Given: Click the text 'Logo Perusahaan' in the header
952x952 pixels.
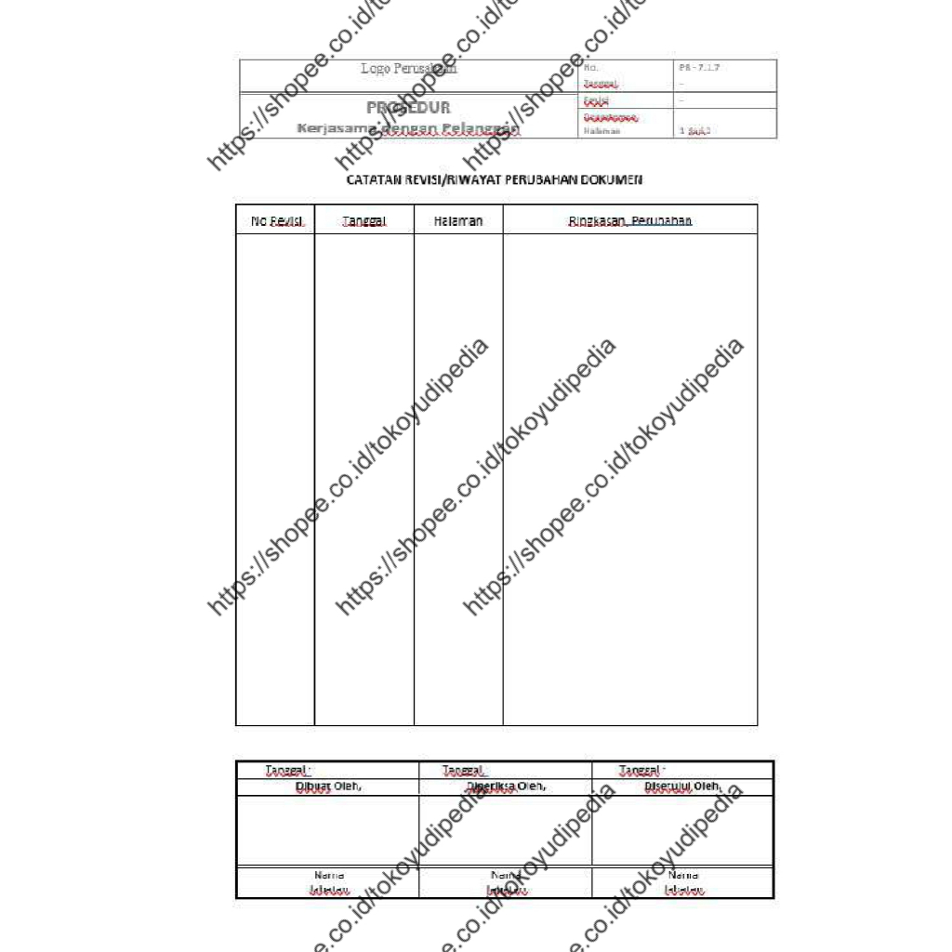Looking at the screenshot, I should (409, 69).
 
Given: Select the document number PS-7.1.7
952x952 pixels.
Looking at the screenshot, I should (700, 68).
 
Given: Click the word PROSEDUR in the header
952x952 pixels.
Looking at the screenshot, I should (408, 108).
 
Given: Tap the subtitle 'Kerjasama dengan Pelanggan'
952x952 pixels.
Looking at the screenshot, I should (408, 128).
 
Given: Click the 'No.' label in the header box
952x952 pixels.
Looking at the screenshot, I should (592, 68).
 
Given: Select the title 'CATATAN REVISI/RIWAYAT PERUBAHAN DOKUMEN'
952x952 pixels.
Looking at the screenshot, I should (495, 179).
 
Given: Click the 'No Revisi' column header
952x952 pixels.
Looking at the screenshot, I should (276, 221).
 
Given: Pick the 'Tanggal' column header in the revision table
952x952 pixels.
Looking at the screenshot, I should (364, 221).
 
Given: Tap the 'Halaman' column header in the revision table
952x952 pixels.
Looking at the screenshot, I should (458, 221).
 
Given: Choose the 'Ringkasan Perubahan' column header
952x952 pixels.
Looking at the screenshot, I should (630, 221).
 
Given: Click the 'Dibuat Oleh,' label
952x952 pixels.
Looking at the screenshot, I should (327, 787).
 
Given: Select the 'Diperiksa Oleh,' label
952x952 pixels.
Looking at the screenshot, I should (506, 787).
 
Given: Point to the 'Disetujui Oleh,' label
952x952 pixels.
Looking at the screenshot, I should (683, 787).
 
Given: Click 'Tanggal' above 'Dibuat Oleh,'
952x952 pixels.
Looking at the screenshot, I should (287, 770).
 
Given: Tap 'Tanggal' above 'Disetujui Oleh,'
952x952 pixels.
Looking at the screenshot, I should (641, 770).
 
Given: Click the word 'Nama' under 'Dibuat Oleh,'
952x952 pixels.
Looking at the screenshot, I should (329, 876).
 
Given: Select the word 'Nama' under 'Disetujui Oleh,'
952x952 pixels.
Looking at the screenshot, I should (683, 876).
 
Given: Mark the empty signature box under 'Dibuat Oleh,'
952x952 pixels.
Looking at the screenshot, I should (327, 830).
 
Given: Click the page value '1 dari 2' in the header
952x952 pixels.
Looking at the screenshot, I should (694, 131).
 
